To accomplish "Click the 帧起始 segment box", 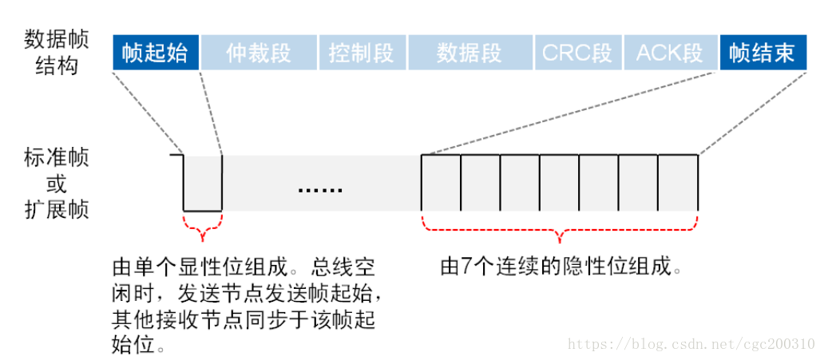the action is (155, 53).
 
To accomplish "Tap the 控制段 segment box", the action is (362, 53).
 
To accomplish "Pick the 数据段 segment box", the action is (469, 53).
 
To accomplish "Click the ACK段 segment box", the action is (670, 53).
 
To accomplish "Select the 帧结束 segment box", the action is (763, 53).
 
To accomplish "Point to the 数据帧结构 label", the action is (57, 51).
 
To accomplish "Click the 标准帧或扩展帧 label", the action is (57, 184).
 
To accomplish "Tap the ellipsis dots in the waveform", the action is (319, 190).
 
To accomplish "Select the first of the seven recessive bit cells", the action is (442, 183).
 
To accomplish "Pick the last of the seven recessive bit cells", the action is (678, 183).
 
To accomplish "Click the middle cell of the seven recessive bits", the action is (560, 183).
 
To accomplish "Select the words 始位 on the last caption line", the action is (133, 346).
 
